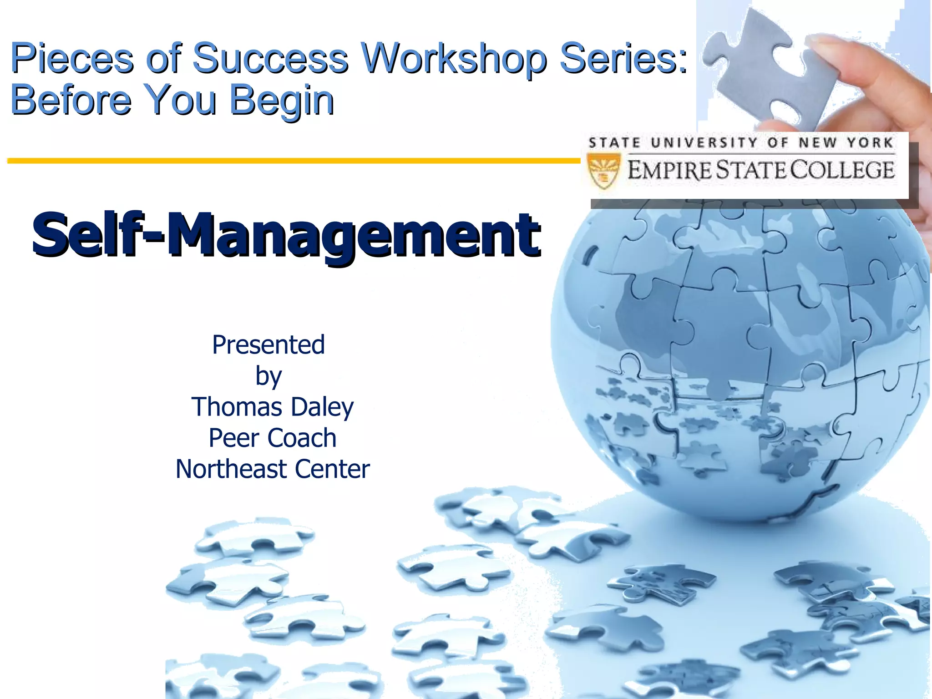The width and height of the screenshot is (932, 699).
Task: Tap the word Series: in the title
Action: point(623,58)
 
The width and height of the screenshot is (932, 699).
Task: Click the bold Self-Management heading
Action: point(286,234)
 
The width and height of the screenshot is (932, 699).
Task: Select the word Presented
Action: point(268,344)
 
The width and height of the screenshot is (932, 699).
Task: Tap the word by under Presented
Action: point(268,376)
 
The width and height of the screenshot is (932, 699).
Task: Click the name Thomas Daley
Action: point(272,406)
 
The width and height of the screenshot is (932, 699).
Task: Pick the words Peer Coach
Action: point(272,438)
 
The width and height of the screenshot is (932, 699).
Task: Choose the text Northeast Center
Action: point(272,469)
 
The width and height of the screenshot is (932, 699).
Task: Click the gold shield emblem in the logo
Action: point(603,171)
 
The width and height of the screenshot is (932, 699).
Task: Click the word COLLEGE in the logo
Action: point(842,170)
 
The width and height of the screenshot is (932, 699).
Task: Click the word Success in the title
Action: point(270,58)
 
